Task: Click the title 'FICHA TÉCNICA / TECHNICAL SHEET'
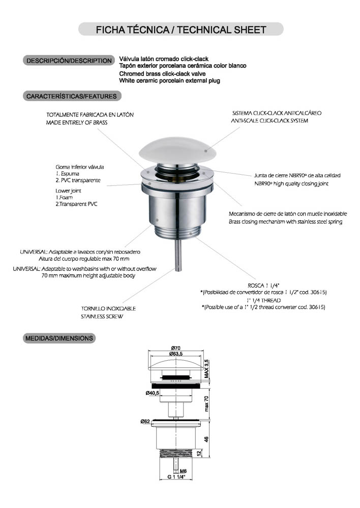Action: tap(181, 29)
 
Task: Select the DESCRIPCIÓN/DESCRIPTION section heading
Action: tap(69, 60)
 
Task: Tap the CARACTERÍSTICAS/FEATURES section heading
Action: tap(71, 96)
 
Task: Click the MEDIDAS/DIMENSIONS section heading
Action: tap(59, 338)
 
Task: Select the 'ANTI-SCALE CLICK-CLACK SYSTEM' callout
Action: tap(269, 121)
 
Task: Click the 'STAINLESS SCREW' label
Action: tap(102, 316)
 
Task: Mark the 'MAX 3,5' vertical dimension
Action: tap(206, 369)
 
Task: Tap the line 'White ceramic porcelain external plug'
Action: tap(169, 81)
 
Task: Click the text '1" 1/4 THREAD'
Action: tap(263, 300)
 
